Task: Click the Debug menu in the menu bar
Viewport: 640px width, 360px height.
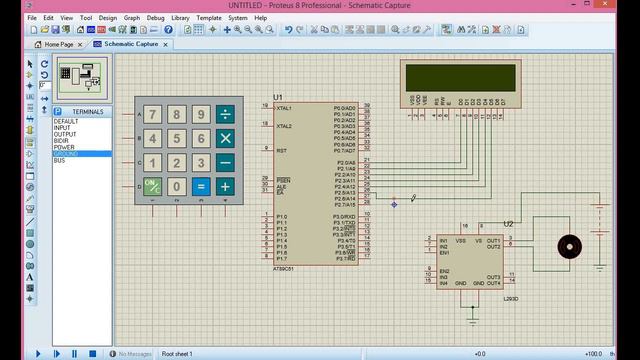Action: [x=156, y=18]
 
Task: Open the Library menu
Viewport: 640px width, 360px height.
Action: [x=181, y=18]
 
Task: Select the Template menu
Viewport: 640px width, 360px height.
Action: [x=209, y=18]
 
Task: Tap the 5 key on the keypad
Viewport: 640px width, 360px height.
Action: [x=177, y=138]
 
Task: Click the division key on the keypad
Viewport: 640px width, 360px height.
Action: [x=225, y=115]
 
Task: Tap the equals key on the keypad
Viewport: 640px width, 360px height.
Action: [x=201, y=186]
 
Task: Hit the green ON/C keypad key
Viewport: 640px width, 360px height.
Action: [x=153, y=186]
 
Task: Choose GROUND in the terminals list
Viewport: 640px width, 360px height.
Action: [x=67, y=154]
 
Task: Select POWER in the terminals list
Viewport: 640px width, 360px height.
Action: [x=64, y=147]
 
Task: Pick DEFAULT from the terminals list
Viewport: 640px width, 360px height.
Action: [x=66, y=121]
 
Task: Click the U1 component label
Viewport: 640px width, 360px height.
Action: [x=278, y=98]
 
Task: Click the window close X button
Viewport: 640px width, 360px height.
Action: [x=626, y=6]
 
